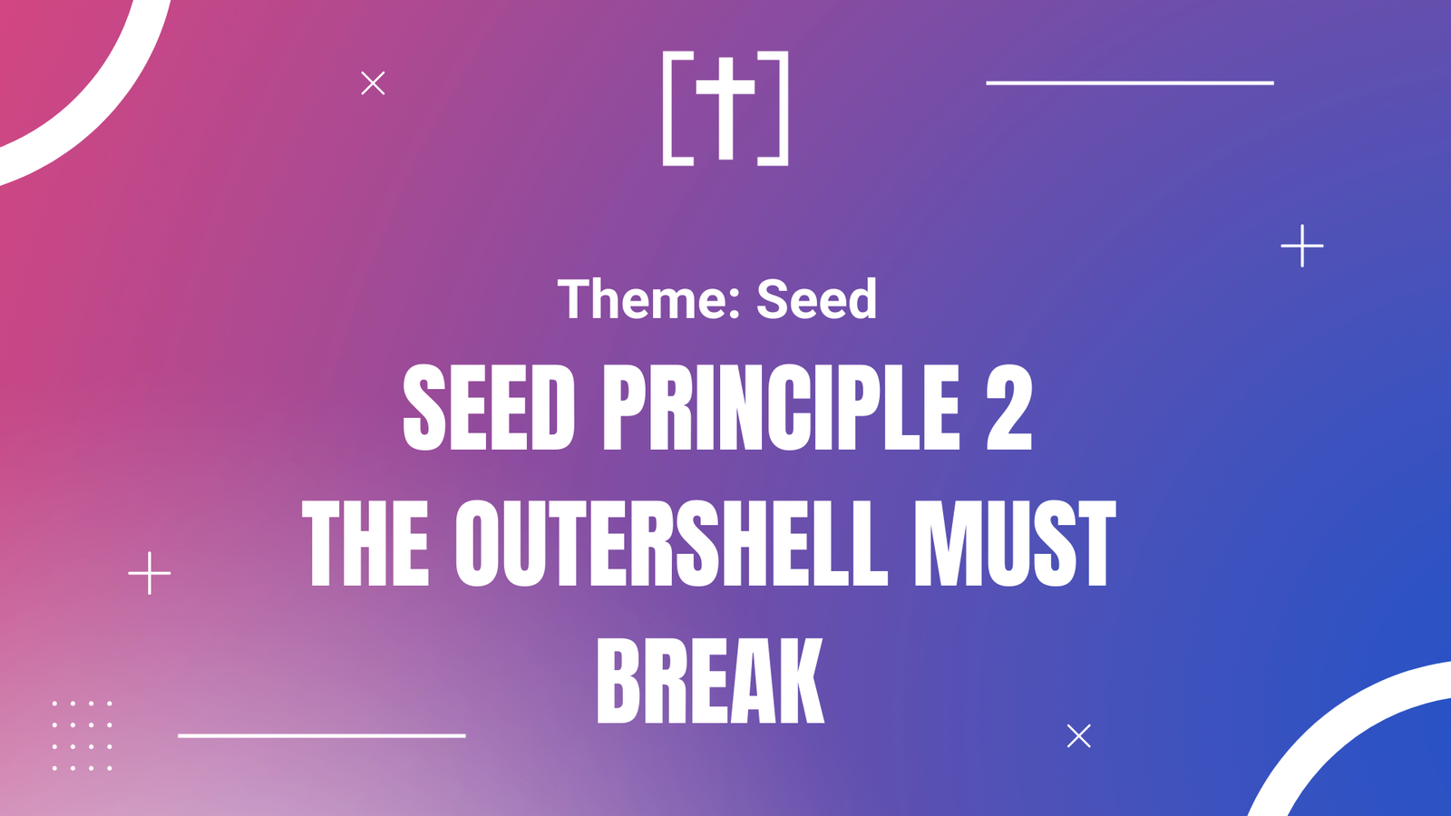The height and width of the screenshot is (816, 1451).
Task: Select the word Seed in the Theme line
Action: coord(817,298)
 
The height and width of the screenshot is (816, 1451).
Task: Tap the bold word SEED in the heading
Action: coord(489,407)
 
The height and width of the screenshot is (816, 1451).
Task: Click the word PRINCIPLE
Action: coord(782,407)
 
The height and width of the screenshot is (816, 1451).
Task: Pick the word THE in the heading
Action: coord(365,543)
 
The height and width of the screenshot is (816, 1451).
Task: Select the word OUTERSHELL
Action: coord(671,543)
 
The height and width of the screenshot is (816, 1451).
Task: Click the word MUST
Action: coord(1015,543)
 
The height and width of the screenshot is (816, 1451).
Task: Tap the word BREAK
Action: coord(710,680)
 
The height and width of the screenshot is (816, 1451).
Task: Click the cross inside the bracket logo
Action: coord(725,108)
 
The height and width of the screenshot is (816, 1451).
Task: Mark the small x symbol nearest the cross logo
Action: coord(373,83)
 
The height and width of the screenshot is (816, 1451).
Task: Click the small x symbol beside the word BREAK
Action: coord(1078,735)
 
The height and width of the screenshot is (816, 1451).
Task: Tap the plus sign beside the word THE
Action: coord(150,573)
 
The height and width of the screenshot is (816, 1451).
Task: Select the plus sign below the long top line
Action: coord(1302,246)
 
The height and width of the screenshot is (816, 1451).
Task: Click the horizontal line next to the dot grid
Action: coord(322,735)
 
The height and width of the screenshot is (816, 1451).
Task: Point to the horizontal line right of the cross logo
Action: coord(1130,83)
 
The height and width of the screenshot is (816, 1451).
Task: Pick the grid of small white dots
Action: coord(83,735)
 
